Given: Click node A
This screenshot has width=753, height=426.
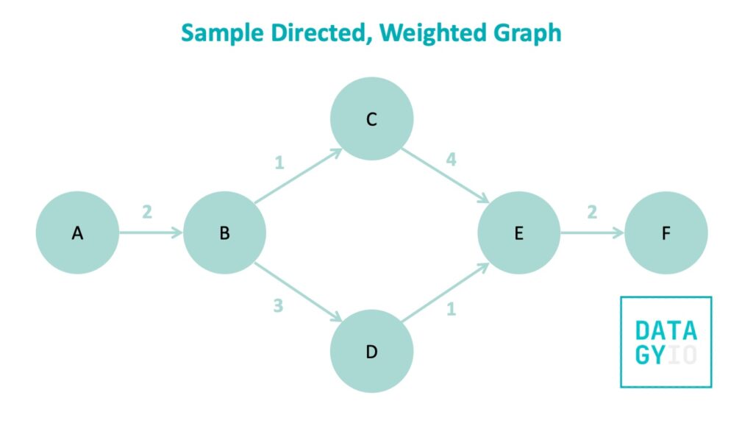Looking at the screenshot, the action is point(77,233).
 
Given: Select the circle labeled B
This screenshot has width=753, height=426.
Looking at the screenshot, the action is point(224,233).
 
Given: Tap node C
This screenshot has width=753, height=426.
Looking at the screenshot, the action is point(371,118).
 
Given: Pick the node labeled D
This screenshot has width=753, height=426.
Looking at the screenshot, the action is point(371,351).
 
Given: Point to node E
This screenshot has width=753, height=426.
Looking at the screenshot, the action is point(518,233).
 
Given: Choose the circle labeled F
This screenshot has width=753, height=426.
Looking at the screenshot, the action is point(666,233).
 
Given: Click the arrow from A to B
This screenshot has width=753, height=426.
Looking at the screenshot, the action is point(151,233).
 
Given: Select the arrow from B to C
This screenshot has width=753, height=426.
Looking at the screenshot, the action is point(299,176).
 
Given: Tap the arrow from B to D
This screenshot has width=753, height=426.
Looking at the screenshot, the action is point(299,292).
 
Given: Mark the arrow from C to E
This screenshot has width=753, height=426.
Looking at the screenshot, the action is point(445,176).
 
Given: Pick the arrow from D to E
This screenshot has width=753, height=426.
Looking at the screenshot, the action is point(445,292).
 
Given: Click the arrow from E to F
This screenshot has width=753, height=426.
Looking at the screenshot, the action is point(592,233).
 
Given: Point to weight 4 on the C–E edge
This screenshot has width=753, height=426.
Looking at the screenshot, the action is point(451,159).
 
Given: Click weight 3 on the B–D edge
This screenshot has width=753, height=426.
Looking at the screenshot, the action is point(278,305).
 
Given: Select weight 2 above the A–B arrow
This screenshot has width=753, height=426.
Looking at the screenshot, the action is point(147,212).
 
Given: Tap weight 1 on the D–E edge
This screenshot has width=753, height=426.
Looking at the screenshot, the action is point(451,309).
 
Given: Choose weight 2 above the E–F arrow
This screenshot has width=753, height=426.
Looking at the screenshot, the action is point(592,212).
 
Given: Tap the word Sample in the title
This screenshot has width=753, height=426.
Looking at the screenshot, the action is point(222,34).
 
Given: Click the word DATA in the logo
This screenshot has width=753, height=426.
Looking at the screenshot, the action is point(665,330).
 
